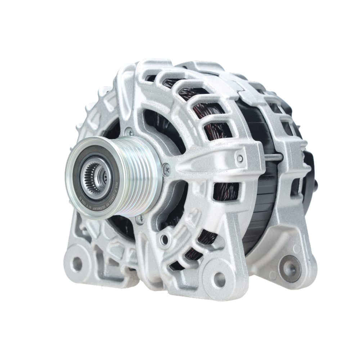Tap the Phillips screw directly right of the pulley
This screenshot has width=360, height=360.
pos(166,169)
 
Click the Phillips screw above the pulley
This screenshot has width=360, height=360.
pos(129,132)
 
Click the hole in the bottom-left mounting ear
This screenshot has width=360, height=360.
pos(77,264)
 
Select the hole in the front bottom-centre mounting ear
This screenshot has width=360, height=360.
pos(219,279)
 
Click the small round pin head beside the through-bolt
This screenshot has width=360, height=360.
pos(240,158)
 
